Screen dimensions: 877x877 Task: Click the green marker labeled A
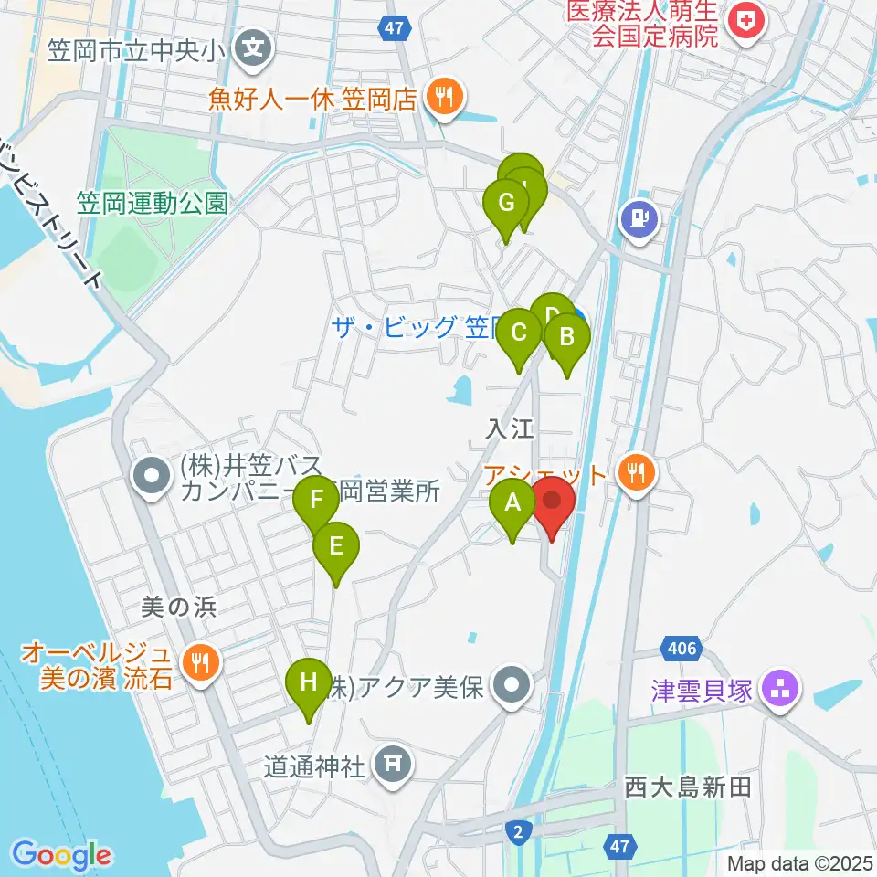click(x=512, y=502)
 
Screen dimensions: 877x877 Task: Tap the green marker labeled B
click(x=566, y=337)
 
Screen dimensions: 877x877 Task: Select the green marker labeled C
click(x=519, y=332)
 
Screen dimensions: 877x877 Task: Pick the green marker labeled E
click(x=335, y=547)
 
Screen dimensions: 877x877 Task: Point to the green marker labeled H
click(x=309, y=682)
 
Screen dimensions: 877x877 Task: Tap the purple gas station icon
click(x=640, y=218)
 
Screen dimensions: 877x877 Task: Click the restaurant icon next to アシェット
click(x=637, y=472)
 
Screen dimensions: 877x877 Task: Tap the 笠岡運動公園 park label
click(x=152, y=202)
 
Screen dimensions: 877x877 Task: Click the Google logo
click(x=61, y=855)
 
